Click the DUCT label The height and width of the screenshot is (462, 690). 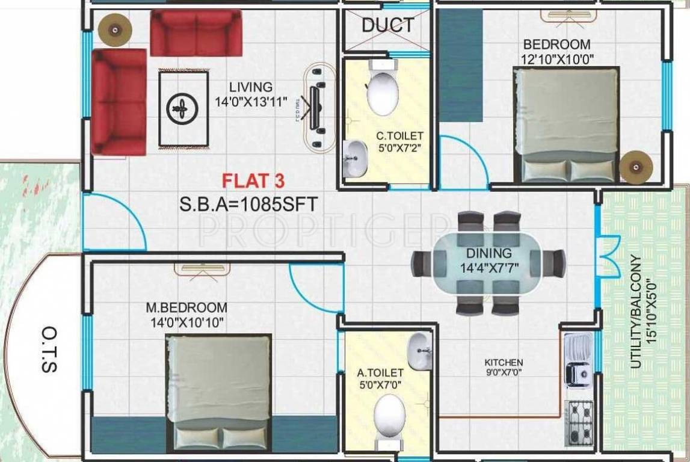point(388,25)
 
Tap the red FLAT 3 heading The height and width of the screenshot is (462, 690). point(253,180)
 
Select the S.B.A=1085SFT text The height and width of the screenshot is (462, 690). point(248,205)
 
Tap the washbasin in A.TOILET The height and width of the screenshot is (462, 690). point(419,352)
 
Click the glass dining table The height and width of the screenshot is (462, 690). point(488,263)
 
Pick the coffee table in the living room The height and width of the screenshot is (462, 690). point(183,108)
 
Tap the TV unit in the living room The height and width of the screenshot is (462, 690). point(316,107)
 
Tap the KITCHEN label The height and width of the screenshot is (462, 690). point(504,362)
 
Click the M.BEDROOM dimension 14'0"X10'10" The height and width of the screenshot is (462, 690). point(186,323)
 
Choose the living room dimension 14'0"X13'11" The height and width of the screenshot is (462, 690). point(251,102)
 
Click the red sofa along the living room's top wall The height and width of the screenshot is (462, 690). point(196,32)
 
